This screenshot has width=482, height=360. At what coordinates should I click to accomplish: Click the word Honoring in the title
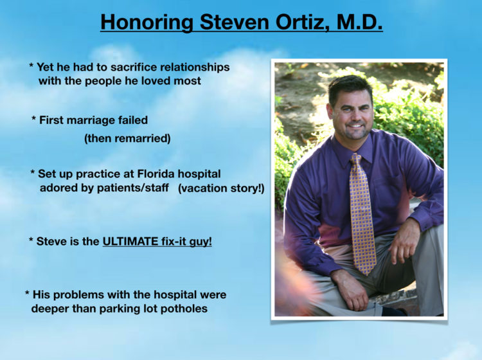[147, 22]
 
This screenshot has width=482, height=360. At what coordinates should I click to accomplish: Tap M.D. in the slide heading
[359, 21]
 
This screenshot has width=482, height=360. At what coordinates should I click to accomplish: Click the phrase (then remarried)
[127, 138]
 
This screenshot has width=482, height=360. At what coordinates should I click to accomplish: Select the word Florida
[156, 174]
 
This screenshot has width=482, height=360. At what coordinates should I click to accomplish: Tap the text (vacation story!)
[221, 188]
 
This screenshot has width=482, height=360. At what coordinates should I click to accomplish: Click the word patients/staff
[133, 188]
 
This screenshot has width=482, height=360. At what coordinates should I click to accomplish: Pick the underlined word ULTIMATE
[130, 241]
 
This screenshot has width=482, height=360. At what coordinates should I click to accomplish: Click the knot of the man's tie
[356, 159]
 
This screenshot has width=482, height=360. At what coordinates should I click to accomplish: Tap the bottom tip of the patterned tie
[364, 273]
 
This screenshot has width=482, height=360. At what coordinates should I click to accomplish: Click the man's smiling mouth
[356, 126]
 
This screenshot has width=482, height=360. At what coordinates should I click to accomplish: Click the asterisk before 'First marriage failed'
[34, 118]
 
